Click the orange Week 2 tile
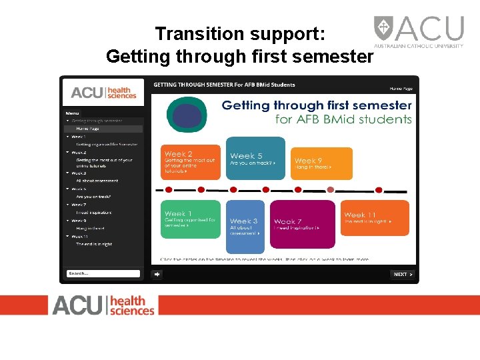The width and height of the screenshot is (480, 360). [x=190, y=162]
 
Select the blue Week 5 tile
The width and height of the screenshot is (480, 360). [x=256, y=159]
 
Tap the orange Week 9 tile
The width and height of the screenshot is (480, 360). [x=321, y=163]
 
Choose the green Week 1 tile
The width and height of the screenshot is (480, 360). [x=190, y=219]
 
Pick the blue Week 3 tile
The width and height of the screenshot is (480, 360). [x=245, y=227]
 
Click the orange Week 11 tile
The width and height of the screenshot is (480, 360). [x=375, y=218]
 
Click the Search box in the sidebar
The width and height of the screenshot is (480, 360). [x=103, y=273]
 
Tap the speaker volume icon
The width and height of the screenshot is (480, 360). [x=157, y=274]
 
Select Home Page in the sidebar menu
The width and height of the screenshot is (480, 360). [x=87, y=129]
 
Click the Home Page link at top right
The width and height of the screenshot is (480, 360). [x=401, y=89]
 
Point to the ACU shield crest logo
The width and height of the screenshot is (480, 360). [x=383, y=29]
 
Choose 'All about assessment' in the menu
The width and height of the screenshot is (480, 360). [x=97, y=181]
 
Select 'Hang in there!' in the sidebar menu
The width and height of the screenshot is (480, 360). [x=90, y=229]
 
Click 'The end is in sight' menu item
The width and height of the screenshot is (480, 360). [x=94, y=245]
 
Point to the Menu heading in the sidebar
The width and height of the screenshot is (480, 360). [x=72, y=113]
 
